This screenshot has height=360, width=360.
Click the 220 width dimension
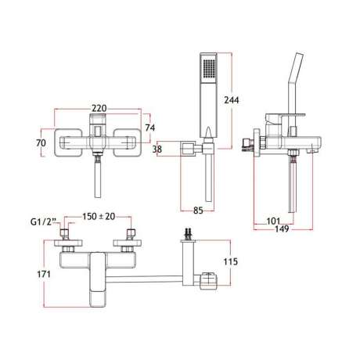pyautogui.click(x=99, y=108)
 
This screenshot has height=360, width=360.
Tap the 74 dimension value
pyautogui.click(x=149, y=128)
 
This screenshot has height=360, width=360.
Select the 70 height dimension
pyautogui.click(x=41, y=142)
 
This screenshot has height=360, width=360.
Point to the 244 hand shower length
pyautogui.click(x=232, y=100)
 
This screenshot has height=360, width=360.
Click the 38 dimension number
pyautogui.click(x=157, y=149)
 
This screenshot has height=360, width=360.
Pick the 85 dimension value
pyautogui.click(x=198, y=211)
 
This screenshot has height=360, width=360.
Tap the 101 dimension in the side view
pyautogui.click(x=273, y=221)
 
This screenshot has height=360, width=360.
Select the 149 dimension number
pyautogui.click(x=282, y=229)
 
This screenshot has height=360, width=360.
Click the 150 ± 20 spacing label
pyautogui.click(x=99, y=217)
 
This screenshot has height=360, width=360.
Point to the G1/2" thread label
pyautogui.click(x=44, y=222)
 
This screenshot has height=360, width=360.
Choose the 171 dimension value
pyautogui.click(x=44, y=274)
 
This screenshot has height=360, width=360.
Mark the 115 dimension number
pyautogui.click(x=231, y=261)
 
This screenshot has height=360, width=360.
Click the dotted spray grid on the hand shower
pyautogui.click(x=209, y=68)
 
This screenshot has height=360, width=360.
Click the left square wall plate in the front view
pyautogui.click(x=69, y=142)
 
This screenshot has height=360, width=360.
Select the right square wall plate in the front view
pyautogui.click(x=128, y=142)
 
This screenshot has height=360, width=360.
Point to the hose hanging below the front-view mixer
pyautogui.click(x=98, y=178)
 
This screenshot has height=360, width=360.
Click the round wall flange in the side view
pyautogui.click(x=257, y=142)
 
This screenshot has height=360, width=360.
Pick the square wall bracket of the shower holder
pyautogui.click(x=189, y=149)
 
